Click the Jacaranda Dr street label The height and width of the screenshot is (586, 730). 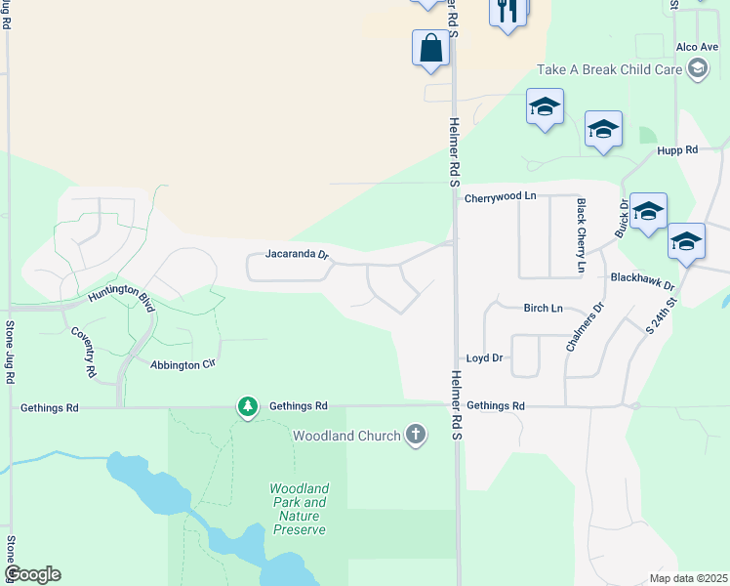coord(298,254)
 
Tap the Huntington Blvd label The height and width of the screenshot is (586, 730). coord(120,293)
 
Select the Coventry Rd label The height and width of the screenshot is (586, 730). coord(84,352)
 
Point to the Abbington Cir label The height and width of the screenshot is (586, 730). coord(182,364)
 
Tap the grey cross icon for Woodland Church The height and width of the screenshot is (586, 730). coord(416,436)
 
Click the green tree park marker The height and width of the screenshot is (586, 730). coord(248,406)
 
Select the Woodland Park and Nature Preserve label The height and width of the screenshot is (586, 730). coord(299,509)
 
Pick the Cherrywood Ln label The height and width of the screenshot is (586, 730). coord(501,196)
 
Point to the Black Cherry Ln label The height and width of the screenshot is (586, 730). coord(582,235)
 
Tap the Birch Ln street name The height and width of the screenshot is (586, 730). coord(543,308)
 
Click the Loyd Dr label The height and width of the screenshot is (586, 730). coord(484,358)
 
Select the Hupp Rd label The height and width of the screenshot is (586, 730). coord(677,150)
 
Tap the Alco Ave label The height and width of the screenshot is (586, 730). coord(697,46)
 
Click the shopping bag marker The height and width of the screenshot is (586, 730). coord(431,48)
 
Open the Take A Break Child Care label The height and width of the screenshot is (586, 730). coord(610,69)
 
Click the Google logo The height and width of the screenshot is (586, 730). coord(32,574)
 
